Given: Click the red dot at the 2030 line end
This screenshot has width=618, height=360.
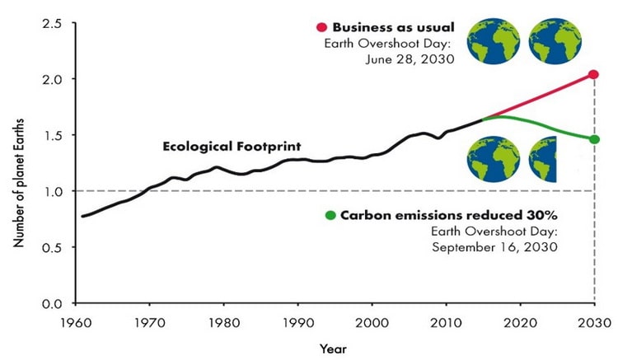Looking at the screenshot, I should [593, 75].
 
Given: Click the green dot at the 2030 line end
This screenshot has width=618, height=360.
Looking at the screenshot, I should [594, 138].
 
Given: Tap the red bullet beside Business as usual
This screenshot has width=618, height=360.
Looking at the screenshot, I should [321, 28].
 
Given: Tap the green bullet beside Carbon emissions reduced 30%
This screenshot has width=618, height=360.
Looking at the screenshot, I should [330, 216].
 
